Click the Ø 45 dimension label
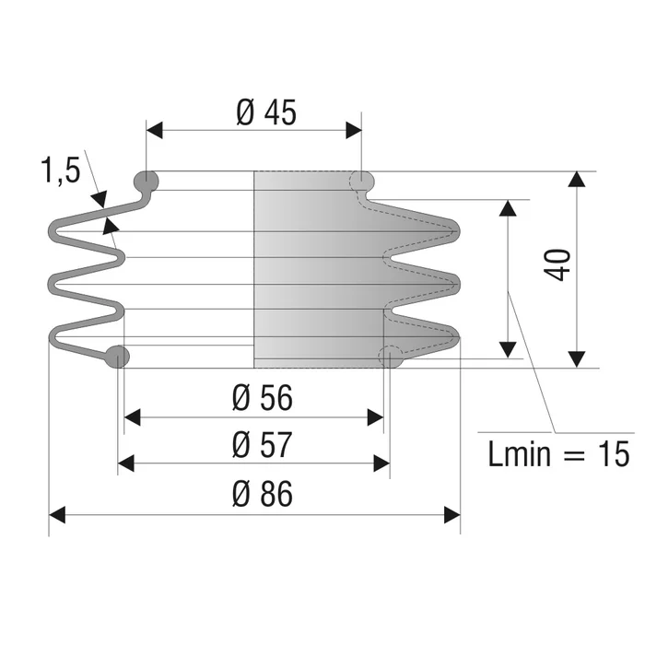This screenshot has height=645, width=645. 266,112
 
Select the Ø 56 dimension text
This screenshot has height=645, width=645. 263,398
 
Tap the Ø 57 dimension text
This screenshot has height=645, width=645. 263,445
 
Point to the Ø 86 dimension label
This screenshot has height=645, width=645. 263,494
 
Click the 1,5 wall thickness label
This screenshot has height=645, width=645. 61,170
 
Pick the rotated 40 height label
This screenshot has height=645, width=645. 557,265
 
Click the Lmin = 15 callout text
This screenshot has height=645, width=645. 558,453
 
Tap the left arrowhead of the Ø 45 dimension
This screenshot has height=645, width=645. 154,131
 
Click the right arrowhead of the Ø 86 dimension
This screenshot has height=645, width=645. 452,515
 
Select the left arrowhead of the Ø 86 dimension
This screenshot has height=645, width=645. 57,515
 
